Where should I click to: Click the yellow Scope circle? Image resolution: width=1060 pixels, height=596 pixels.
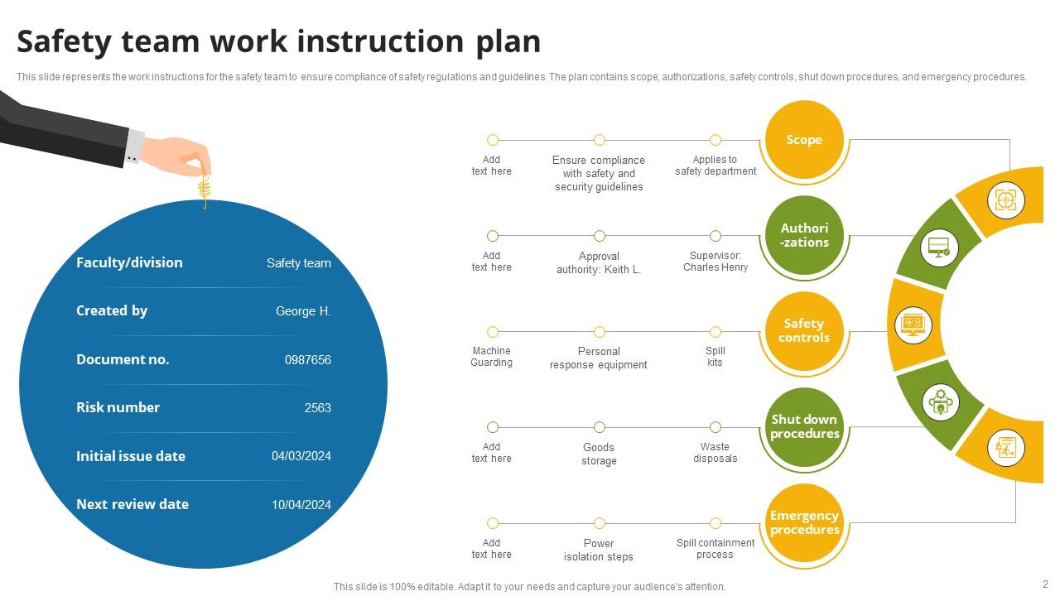[804, 140]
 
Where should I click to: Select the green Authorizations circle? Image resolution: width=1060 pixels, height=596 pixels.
[804, 236]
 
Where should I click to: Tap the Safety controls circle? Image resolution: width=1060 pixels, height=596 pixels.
[804, 331]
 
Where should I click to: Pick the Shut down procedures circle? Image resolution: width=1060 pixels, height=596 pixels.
[804, 427]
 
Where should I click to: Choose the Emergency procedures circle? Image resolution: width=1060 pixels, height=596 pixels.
[804, 523]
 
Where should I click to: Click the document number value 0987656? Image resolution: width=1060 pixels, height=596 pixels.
[307, 360]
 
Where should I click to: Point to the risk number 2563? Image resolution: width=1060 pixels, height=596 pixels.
[317, 408]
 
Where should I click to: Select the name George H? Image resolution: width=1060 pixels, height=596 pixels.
[303, 312]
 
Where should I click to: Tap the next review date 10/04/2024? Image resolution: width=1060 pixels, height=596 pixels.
[301, 505]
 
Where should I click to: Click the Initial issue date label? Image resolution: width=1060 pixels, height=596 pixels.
[131, 456]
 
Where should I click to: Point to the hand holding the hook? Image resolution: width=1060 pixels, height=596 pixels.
[177, 154]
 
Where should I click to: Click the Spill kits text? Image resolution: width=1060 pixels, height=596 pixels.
[715, 357]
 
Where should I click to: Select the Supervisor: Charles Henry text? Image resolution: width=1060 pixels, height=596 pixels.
[715, 262]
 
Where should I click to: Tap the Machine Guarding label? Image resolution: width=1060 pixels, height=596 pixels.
[491, 357]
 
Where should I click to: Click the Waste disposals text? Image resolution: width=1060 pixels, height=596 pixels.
[715, 453]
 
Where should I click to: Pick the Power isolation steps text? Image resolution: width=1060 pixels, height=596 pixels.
[598, 550]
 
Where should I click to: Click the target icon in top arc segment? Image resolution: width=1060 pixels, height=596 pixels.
[1005, 200]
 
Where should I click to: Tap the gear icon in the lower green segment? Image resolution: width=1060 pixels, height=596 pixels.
[940, 403]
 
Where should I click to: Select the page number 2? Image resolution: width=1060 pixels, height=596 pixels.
[1045, 584]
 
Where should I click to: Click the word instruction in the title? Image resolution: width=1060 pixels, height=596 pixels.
[382, 41]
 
